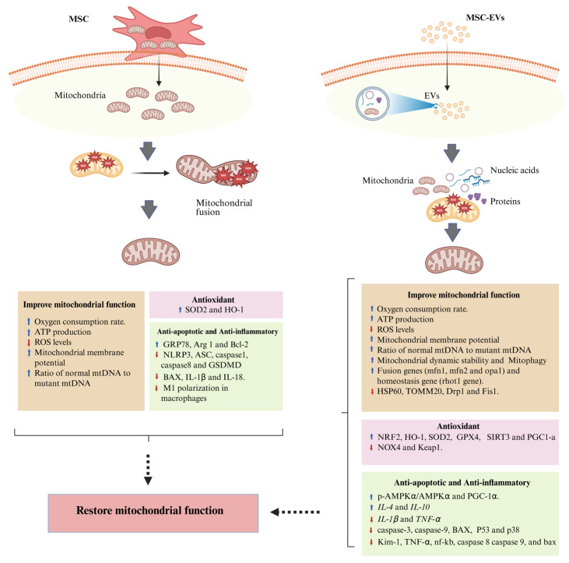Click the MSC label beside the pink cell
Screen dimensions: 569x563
click(79, 19)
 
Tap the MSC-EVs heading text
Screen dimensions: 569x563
click(485, 17)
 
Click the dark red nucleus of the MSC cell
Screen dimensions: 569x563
click(158, 33)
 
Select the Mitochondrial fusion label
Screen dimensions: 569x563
click(224, 207)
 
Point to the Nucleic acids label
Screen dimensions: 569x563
click(515, 170)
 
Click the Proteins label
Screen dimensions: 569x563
click(505, 201)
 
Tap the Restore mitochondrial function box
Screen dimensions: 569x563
click(153, 513)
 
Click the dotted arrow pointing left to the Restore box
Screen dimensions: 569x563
click(295, 512)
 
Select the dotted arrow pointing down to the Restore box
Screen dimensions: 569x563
click(148, 470)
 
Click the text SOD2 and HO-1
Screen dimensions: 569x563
click(214, 310)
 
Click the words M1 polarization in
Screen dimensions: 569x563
click(195, 388)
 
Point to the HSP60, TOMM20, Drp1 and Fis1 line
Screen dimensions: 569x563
click(437, 392)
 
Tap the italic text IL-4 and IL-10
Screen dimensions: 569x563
click(403, 507)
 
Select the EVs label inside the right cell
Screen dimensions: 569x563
click(431, 96)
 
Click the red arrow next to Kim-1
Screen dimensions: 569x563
click(371, 542)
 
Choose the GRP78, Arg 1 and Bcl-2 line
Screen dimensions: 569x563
click(205, 344)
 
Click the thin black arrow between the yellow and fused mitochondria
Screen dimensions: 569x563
click(150, 173)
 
